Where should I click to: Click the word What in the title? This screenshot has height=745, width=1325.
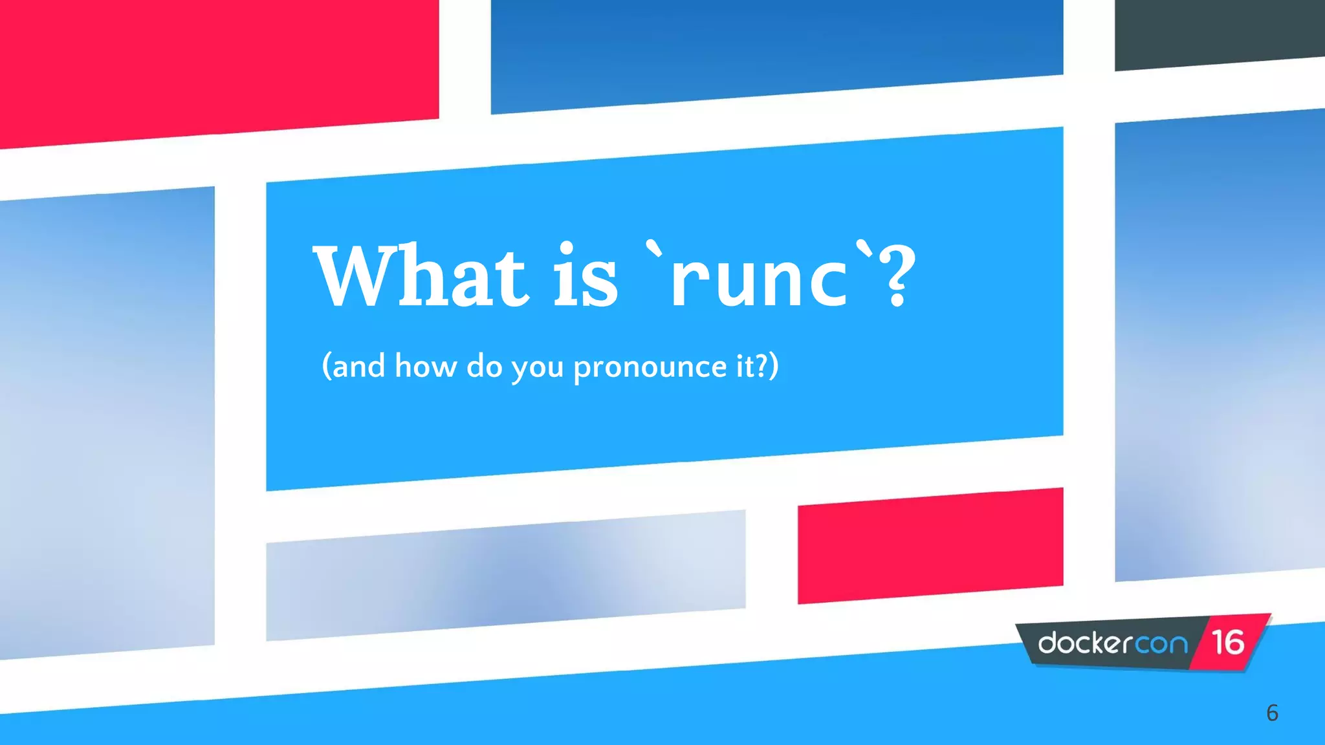[421, 276]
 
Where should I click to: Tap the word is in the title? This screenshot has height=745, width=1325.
[586, 276]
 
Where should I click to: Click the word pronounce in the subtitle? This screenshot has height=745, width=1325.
[650, 367]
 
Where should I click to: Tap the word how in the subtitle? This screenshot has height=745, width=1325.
[426, 366]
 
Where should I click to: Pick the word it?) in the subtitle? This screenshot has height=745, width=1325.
[757, 366]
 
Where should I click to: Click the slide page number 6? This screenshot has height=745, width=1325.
[1272, 713]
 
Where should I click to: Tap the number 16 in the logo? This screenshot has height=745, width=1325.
[1227, 643]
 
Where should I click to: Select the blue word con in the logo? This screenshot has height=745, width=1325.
[1162, 644]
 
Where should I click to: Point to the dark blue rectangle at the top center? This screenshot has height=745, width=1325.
[776, 52]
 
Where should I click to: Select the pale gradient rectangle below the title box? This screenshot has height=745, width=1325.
[505, 576]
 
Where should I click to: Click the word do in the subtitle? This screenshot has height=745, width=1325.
[484, 366]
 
